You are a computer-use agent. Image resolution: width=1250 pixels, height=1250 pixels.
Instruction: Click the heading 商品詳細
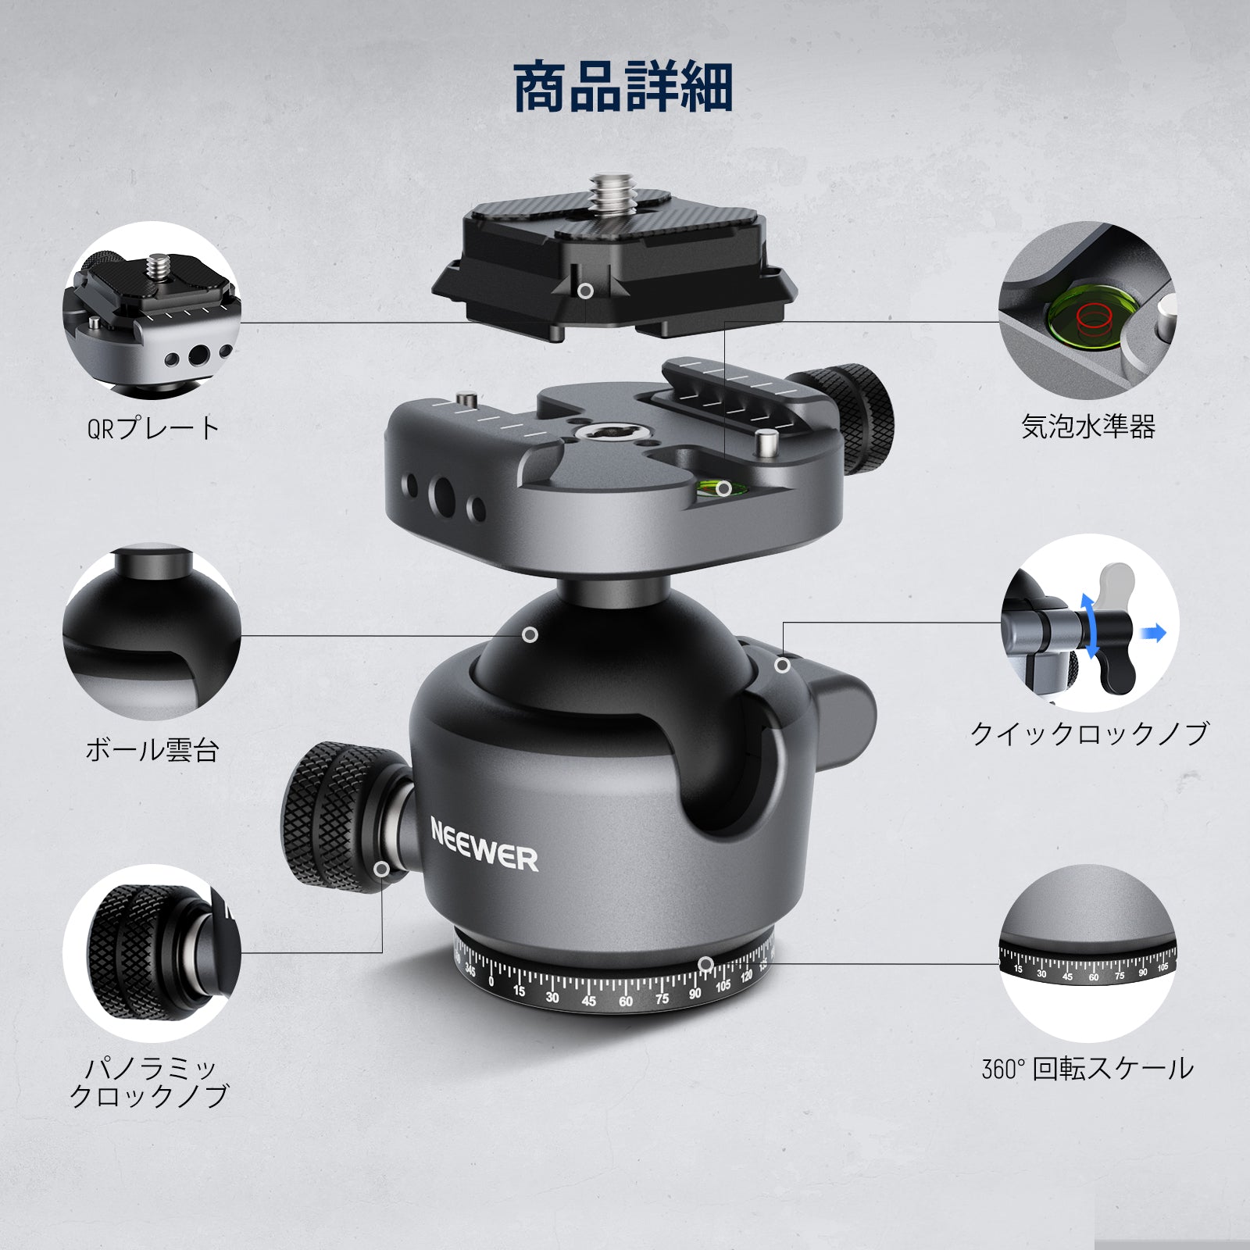pos(623,87)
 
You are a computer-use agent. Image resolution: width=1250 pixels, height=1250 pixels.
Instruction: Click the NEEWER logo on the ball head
pos(484,844)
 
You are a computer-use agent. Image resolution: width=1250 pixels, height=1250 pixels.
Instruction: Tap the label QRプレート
pos(154,428)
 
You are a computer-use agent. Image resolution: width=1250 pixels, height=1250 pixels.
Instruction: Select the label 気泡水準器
pos(1088,427)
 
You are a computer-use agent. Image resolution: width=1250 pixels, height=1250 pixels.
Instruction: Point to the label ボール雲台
pos(152,750)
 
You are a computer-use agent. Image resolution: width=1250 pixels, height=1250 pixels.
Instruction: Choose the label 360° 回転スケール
pos(1087,1069)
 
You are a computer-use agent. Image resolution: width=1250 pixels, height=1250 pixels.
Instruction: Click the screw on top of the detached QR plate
pos(606,191)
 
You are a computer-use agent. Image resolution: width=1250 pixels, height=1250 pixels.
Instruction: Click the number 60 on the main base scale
pos(626,1002)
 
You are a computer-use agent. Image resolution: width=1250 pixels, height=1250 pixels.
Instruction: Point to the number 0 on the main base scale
pos(491,982)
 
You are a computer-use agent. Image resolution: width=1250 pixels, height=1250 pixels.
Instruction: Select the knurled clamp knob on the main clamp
pos(852,417)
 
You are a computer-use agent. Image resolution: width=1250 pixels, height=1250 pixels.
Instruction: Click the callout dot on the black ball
pos(530,634)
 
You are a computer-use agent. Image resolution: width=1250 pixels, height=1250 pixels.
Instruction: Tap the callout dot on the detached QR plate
pos(585,291)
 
